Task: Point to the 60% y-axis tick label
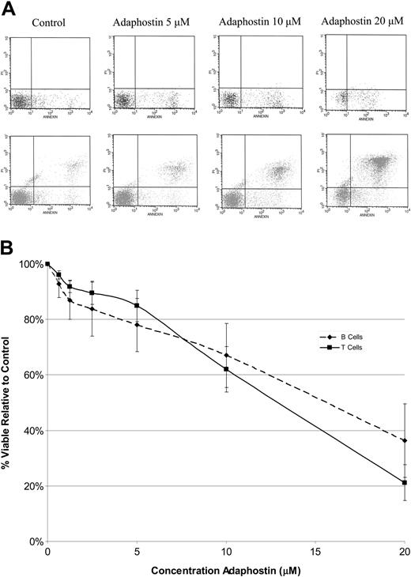[32, 375]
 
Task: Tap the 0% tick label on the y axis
[34, 542]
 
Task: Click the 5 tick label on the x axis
[137, 552]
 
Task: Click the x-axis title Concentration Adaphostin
[227, 569]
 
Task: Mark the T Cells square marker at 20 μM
[405, 483]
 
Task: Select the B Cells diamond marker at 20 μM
[405, 440]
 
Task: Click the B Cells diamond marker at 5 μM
[137, 325]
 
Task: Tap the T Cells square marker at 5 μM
[137, 305]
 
